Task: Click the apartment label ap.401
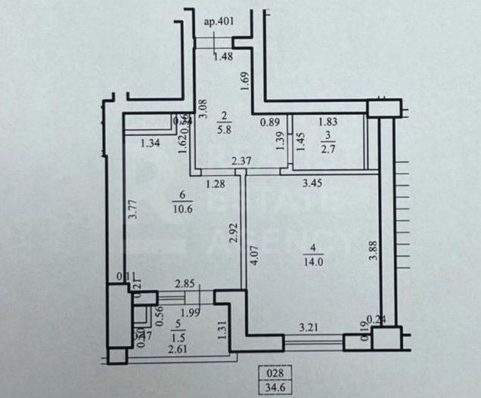pyautogui.click(x=219, y=21)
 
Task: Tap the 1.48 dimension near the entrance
pyautogui.click(x=222, y=56)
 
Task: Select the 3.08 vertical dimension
pyautogui.click(x=202, y=112)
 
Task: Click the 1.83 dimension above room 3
pyautogui.click(x=327, y=121)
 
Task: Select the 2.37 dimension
pyautogui.click(x=241, y=160)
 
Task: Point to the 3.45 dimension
pyautogui.click(x=313, y=182)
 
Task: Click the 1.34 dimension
pyautogui.click(x=151, y=143)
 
